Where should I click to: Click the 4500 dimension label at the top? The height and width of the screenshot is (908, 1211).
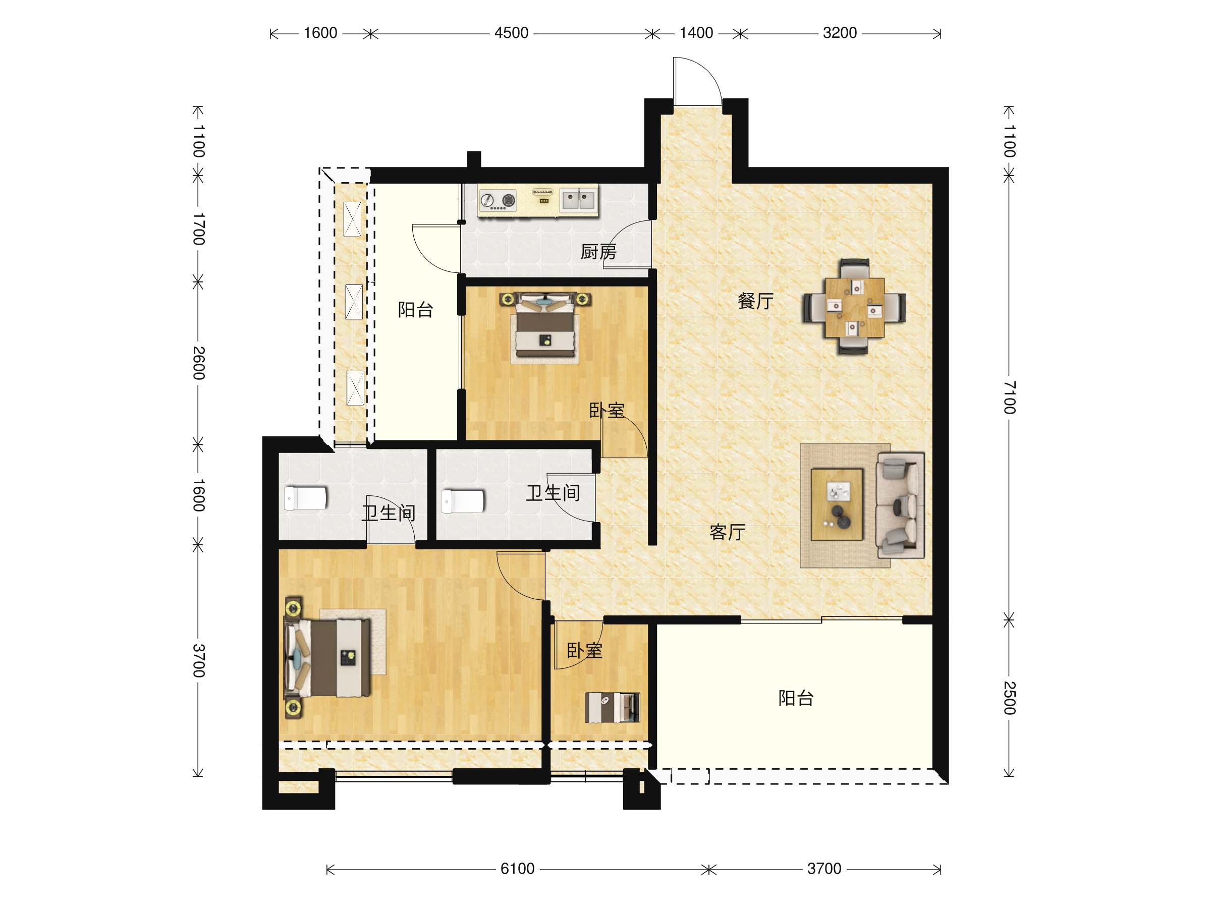pyautogui.click(x=511, y=33)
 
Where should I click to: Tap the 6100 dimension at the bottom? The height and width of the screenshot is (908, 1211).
pyautogui.click(x=517, y=869)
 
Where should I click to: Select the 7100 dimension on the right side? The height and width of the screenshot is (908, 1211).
pyautogui.click(x=1010, y=398)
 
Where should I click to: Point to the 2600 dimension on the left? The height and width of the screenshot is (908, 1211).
pyautogui.click(x=199, y=363)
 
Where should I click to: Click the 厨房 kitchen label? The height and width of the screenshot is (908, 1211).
pyautogui.click(x=598, y=252)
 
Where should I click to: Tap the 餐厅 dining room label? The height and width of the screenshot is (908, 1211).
pyautogui.click(x=755, y=301)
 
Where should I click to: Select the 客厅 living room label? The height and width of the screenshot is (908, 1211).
pyautogui.click(x=727, y=532)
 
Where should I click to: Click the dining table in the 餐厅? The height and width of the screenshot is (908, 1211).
pyautogui.click(x=854, y=307)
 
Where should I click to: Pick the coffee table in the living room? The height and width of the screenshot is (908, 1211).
pyautogui.click(x=837, y=504)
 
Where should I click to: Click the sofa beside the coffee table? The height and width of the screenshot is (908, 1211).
pyautogui.click(x=900, y=505)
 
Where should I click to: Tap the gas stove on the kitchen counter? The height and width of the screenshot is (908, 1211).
pyautogui.click(x=498, y=201)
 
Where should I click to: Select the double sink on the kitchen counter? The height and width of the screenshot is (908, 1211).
pyautogui.click(x=578, y=200)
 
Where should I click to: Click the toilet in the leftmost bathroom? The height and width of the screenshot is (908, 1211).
pyautogui.click(x=305, y=498)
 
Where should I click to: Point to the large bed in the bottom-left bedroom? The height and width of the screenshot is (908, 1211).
pyautogui.click(x=327, y=657)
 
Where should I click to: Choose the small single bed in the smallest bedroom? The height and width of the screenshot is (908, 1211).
pyautogui.click(x=612, y=707)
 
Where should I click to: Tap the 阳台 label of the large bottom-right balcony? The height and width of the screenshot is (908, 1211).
pyautogui.click(x=796, y=698)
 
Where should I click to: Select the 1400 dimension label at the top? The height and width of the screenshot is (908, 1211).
pyautogui.click(x=696, y=33)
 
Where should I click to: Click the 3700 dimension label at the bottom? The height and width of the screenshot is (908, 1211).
pyautogui.click(x=824, y=869)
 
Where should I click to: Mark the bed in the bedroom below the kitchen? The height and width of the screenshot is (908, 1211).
pyautogui.click(x=545, y=327)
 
